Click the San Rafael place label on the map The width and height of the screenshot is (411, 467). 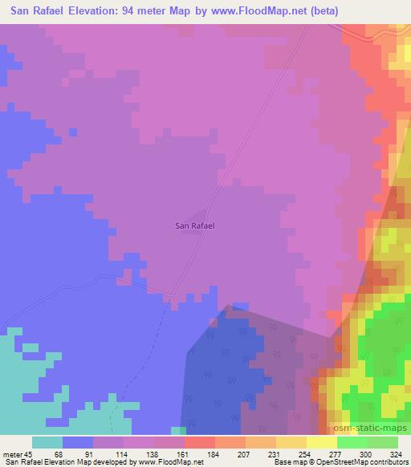point(195,225)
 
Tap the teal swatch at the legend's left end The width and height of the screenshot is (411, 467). point(47,442)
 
